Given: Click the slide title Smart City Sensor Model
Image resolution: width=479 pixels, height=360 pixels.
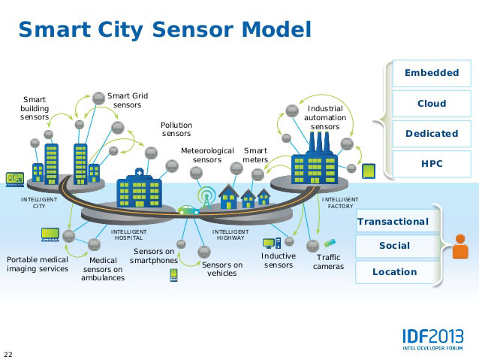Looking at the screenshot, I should [164, 29].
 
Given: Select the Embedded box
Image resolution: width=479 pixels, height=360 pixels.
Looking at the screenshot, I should [431, 73].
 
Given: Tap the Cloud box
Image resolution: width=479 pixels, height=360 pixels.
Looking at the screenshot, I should [431, 104].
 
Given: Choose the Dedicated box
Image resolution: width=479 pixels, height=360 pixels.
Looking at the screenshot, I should [431, 134].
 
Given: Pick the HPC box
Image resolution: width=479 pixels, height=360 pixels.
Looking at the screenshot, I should [431, 163].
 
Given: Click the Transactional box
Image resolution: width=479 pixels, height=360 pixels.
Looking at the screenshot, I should [393, 222].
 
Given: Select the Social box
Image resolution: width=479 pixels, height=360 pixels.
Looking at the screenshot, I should [394, 246].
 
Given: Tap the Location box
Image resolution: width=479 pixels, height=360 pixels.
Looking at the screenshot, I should [394, 272].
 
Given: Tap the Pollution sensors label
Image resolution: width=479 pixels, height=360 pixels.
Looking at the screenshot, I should [176, 129].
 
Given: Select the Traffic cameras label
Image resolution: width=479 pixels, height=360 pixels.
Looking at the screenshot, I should [328, 262].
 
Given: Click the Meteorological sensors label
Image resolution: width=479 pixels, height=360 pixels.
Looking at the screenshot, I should [207, 155].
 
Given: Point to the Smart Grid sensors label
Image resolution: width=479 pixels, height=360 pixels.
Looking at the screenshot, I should [128, 100].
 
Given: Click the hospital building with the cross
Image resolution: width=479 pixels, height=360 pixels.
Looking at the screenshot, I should [139, 190].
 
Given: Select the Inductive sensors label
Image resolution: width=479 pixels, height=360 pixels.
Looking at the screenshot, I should [278, 260].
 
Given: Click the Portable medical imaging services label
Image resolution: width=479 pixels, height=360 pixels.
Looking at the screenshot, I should [38, 264].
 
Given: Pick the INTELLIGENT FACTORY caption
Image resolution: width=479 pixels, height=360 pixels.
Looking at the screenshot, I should [340, 203].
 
